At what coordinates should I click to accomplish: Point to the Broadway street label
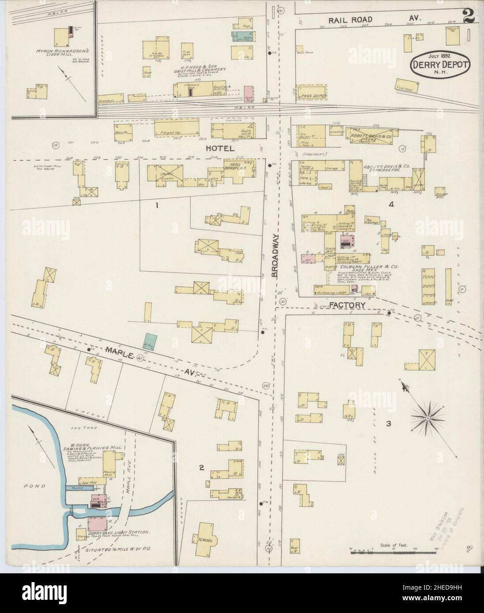pos(275,256)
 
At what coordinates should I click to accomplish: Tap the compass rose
pos(428,417)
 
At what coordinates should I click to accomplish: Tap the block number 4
pos(390,205)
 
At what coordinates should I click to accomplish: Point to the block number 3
pos(388,424)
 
